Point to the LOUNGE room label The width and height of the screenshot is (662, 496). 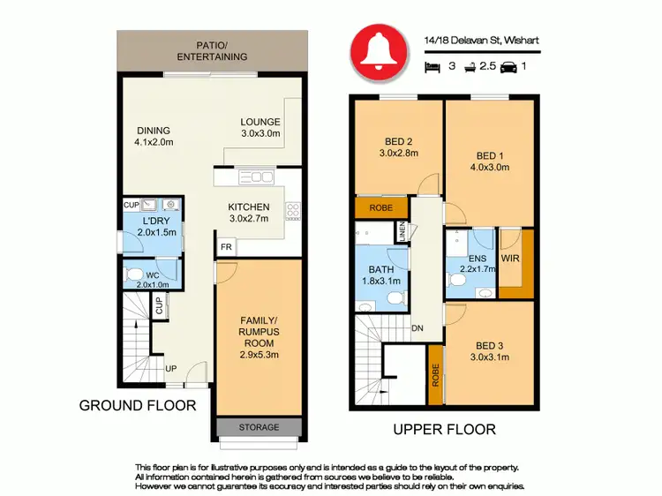tap(260, 128)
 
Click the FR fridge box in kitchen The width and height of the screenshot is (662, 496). tap(227, 247)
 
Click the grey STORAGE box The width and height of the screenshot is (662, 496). tap(260, 428)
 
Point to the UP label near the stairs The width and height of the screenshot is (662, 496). tap(170, 367)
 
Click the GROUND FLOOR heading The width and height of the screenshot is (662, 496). tap(138, 407)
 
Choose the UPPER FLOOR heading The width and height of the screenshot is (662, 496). tap(445, 430)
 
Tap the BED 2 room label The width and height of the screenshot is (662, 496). tap(399, 147)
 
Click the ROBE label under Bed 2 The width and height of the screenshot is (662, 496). tap(380, 208)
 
